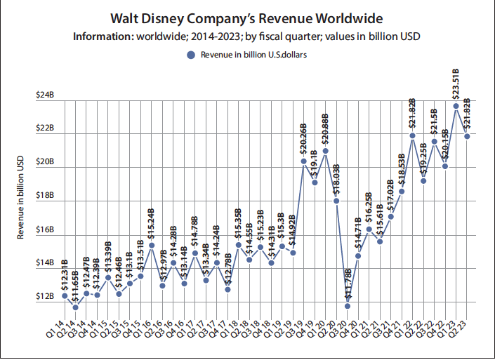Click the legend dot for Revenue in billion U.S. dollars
click(x=191, y=54)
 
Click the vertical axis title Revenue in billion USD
click(x=22, y=198)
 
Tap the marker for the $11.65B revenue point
click(x=76, y=307)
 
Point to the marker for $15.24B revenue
click(x=152, y=246)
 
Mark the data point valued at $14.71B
click(x=358, y=255)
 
